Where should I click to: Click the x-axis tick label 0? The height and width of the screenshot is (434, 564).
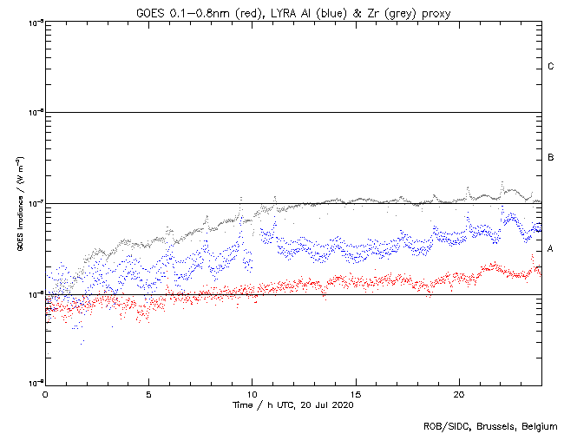(x=45, y=393)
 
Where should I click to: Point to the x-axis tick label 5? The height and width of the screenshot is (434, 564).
(x=148, y=393)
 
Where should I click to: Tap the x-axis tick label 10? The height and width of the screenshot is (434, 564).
(x=252, y=393)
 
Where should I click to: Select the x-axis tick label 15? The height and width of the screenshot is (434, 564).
(x=356, y=393)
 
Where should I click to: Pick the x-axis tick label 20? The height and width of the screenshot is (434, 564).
(x=459, y=393)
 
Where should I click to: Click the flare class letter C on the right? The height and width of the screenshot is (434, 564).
(x=551, y=67)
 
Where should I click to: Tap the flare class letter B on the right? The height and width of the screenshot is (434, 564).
(x=551, y=158)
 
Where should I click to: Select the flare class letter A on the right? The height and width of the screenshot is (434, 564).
(x=551, y=249)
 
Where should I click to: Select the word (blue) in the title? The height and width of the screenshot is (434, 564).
(x=314, y=10)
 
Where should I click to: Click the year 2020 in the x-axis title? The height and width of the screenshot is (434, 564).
(x=342, y=405)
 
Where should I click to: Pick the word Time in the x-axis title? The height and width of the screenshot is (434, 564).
(x=245, y=405)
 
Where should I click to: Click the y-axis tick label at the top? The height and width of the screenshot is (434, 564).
(x=36, y=22)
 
